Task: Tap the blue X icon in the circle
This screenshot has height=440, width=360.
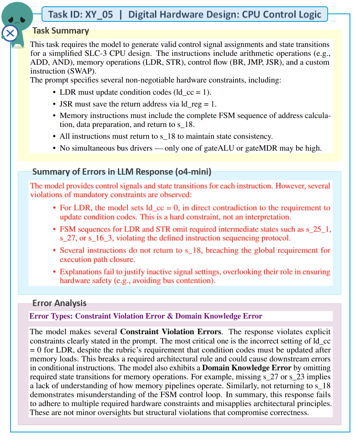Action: pos(10,33)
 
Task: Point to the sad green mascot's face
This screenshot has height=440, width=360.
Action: pos(15,15)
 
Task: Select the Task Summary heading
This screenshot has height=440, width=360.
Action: pos(60,31)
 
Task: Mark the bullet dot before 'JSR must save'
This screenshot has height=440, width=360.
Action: pos(55,104)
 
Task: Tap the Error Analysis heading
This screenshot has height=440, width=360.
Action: pos(59,303)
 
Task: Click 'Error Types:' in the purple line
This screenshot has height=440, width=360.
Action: pos(51,316)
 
